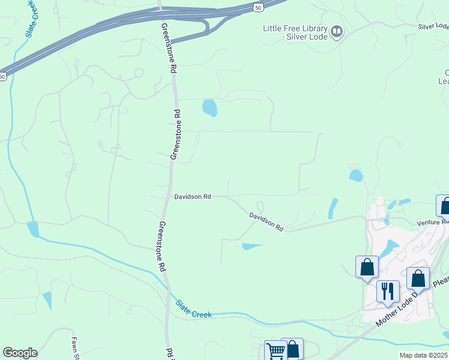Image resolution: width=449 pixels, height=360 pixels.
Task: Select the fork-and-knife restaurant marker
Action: [388, 292]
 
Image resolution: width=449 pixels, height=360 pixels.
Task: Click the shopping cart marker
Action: [276, 350]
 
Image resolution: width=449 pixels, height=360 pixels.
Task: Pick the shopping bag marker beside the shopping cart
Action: [292, 349]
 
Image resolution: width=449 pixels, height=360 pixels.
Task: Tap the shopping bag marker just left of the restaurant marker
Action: [367, 267]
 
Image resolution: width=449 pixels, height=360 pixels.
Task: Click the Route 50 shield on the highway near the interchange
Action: [258, 7]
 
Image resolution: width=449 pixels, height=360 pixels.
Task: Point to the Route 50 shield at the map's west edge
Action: [3, 76]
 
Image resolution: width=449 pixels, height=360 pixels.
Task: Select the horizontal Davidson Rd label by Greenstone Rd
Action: [193, 196]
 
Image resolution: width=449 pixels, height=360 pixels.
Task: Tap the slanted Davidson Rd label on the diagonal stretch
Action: [266, 221]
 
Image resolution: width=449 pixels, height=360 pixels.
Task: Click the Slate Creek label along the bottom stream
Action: [194, 310]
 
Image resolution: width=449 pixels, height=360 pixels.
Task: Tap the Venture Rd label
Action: [433, 222]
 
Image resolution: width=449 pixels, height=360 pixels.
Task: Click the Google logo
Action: [20, 353]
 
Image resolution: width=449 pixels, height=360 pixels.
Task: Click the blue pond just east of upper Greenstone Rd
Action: [209, 108]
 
